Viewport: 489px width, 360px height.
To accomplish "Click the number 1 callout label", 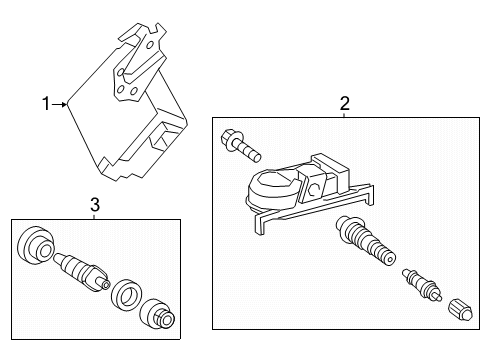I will tap(46, 102).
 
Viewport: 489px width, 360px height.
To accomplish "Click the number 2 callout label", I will tap(344, 102).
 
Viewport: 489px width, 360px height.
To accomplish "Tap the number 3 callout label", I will tap(95, 205).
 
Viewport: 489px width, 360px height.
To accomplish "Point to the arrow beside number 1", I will tap(61, 102).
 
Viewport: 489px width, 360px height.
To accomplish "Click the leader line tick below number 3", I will tap(95, 216).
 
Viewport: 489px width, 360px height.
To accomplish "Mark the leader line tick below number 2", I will tap(344, 114).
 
